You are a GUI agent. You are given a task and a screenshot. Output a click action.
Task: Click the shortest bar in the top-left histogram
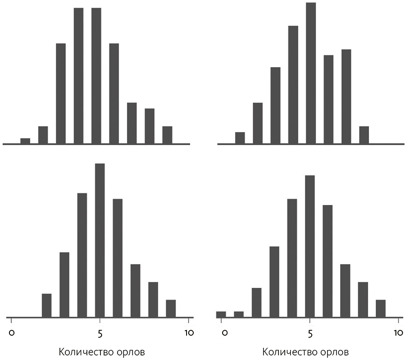pyautogui.click(x=25, y=141)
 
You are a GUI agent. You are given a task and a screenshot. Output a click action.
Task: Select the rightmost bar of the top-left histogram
pyautogui.click(x=167, y=135)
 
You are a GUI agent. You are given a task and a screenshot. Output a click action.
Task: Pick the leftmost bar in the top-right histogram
pyautogui.click(x=240, y=138)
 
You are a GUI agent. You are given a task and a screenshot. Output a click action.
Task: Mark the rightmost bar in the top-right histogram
pyautogui.click(x=364, y=135)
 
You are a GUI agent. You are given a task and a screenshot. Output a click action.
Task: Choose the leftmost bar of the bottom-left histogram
pyautogui.click(x=47, y=305)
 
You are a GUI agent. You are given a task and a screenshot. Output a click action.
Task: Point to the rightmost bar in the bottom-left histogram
pyautogui.click(x=171, y=309)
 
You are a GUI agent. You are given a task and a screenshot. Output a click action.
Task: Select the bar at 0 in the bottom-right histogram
pyautogui.click(x=221, y=314)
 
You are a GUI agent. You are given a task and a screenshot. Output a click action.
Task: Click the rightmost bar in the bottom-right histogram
pyautogui.click(x=381, y=309)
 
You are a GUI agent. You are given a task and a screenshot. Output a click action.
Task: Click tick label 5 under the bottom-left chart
pyautogui.click(x=100, y=333)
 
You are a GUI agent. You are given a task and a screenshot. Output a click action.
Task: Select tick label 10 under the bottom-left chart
pyautogui.click(x=189, y=333)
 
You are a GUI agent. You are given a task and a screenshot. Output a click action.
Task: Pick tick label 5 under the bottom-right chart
pyautogui.click(x=310, y=333)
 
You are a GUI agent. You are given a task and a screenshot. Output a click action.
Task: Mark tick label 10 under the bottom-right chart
pyautogui.click(x=398, y=333)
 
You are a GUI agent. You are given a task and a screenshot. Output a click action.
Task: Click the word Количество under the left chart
pyautogui.click(x=86, y=352)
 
